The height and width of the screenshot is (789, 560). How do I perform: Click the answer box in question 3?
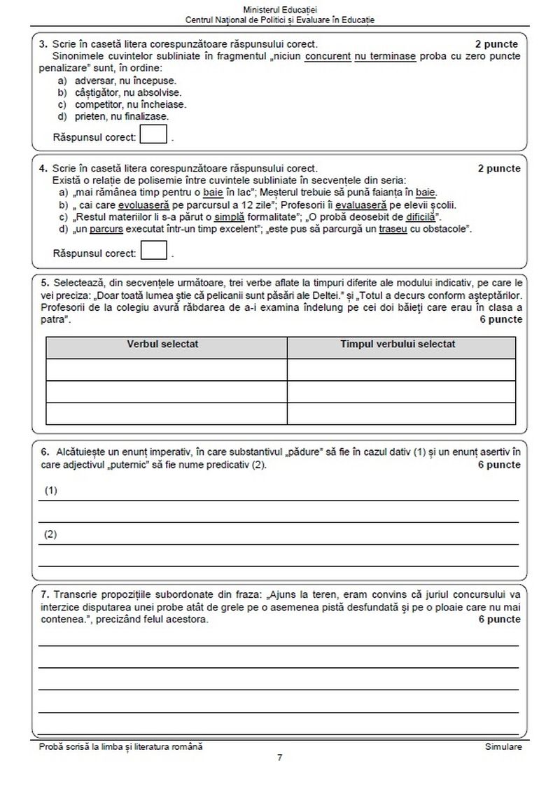[154, 133]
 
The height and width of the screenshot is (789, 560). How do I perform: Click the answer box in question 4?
[154, 250]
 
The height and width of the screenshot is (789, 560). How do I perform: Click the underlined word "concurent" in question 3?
[328, 56]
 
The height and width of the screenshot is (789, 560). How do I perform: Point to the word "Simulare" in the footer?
[503, 747]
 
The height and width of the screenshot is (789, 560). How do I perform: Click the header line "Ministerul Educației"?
[280, 8]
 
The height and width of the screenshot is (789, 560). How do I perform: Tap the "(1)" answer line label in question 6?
[50, 491]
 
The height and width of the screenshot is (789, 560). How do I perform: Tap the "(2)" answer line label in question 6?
[50, 534]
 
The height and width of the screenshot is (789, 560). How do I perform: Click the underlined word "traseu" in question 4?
[382, 228]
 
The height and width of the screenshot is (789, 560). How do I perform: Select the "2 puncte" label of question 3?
[498, 44]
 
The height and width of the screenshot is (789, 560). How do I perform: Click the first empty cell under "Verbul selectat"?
[167, 369]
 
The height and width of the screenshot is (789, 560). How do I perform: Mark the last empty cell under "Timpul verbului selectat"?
[401, 414]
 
